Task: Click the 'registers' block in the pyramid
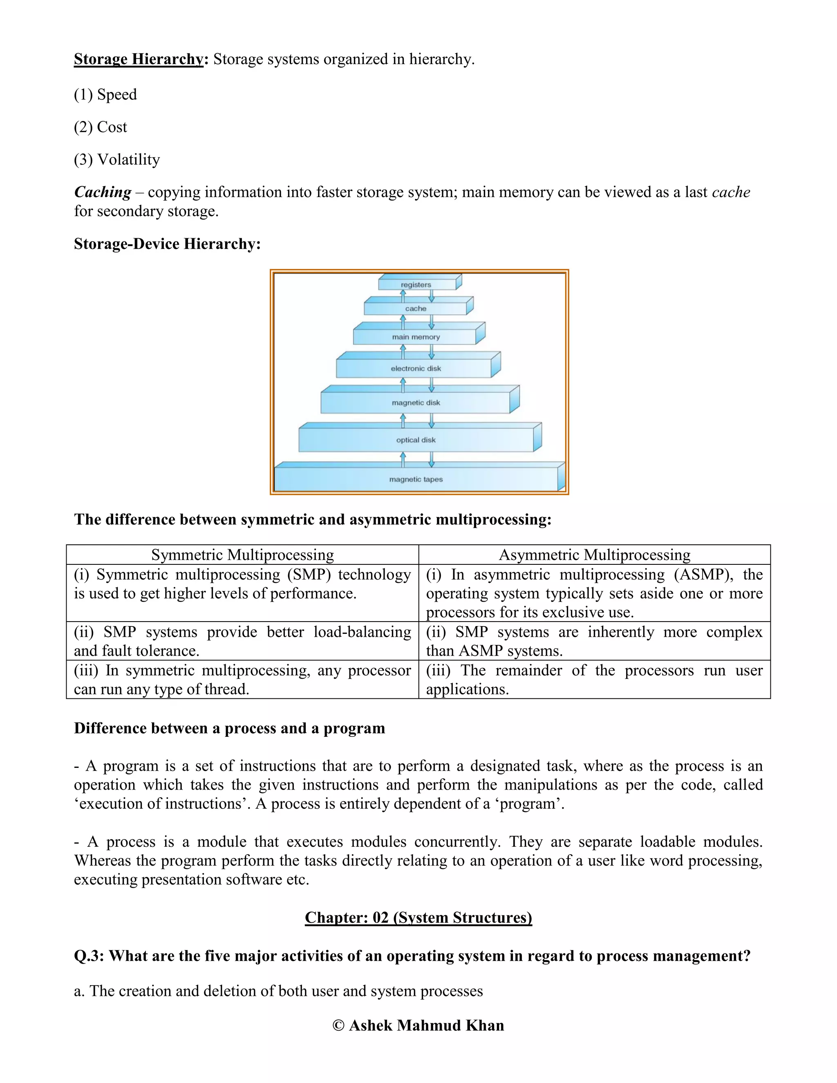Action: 416,284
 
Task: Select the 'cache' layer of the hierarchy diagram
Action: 416,309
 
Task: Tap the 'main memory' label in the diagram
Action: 416,337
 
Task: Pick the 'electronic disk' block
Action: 416,369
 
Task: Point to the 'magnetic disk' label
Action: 416,403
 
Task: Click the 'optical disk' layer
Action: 416,440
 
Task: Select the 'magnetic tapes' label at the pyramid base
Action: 416,479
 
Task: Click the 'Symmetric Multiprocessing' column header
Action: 242,555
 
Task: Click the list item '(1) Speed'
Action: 105,95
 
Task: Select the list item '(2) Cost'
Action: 100,128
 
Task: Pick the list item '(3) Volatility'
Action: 116,160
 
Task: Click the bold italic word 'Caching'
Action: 103,192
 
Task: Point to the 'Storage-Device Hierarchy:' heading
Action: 167,244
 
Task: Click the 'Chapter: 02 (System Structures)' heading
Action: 418,917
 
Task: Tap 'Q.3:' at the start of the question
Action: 89,955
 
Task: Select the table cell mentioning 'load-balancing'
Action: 242,641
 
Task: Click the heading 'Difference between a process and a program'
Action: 229,728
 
